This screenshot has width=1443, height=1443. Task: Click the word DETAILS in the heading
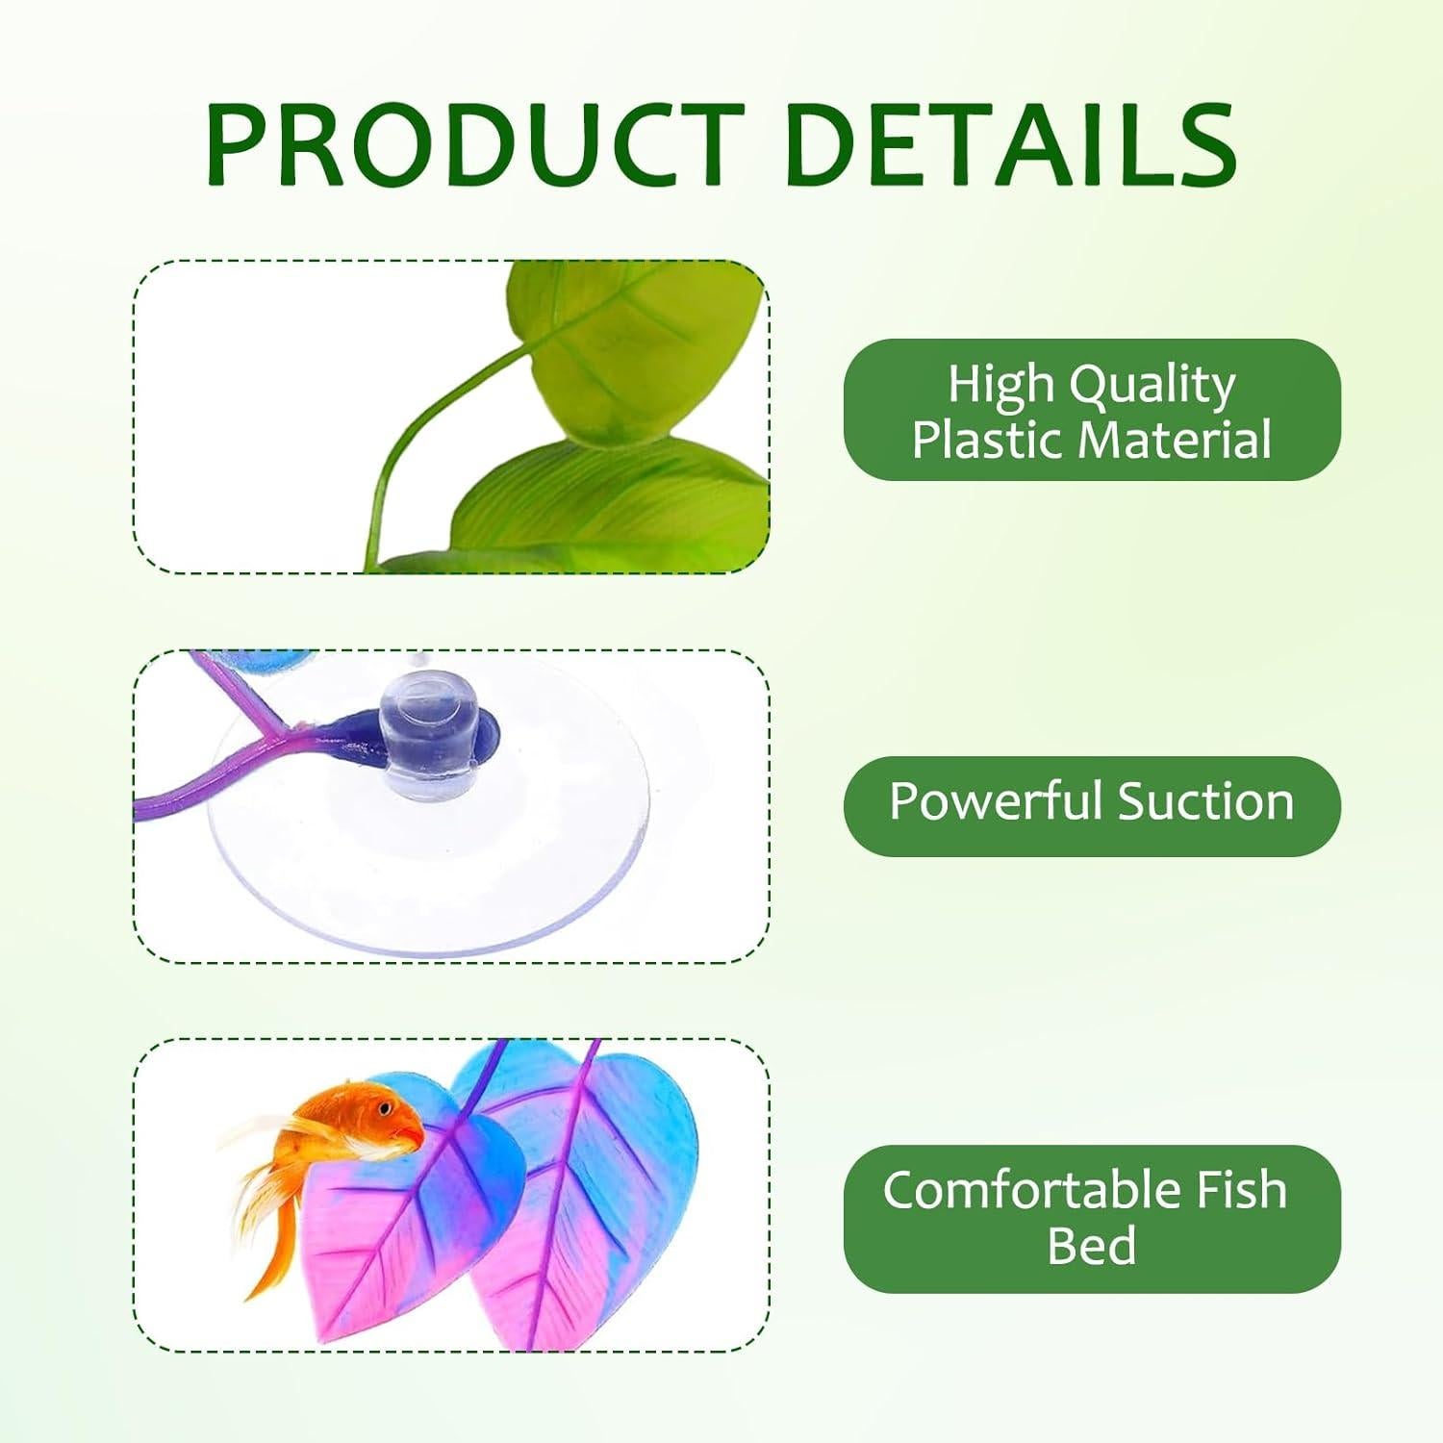click(x=1010, y=145)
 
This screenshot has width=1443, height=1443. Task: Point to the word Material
click(x=1175, y=439)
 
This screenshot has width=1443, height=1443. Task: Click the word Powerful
click(x=996, y=801)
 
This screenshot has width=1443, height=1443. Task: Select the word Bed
click(x=1092, y=1246)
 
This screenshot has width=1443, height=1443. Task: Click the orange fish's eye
click(x=386, y=1109)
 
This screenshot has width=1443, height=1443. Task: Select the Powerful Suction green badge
click(x=1092, y=806)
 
